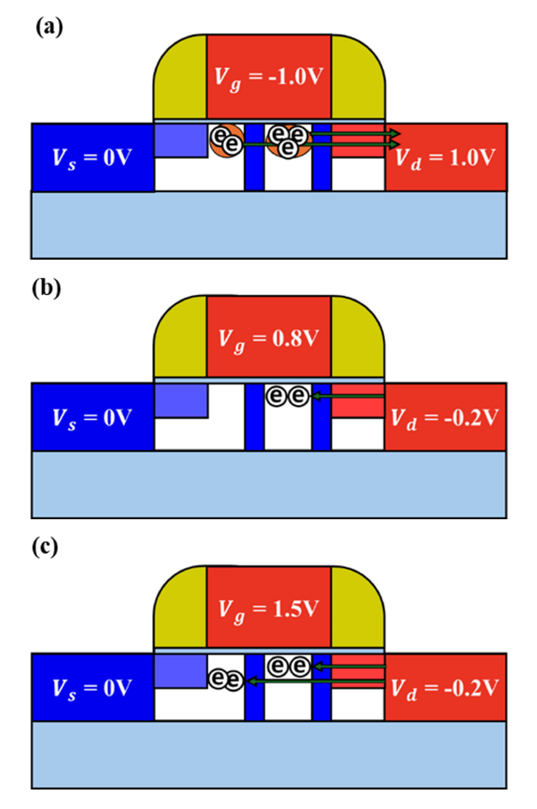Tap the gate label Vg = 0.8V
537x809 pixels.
click(x=269, y=337)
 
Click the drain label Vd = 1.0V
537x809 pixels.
click(x=447, y=157)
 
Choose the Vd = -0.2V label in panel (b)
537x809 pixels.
click(x=447, y=416)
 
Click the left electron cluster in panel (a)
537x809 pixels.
click(x=225, y=139)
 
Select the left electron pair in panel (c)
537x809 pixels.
click(x=225, y=681)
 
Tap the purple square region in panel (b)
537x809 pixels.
click(x=181, y=400)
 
